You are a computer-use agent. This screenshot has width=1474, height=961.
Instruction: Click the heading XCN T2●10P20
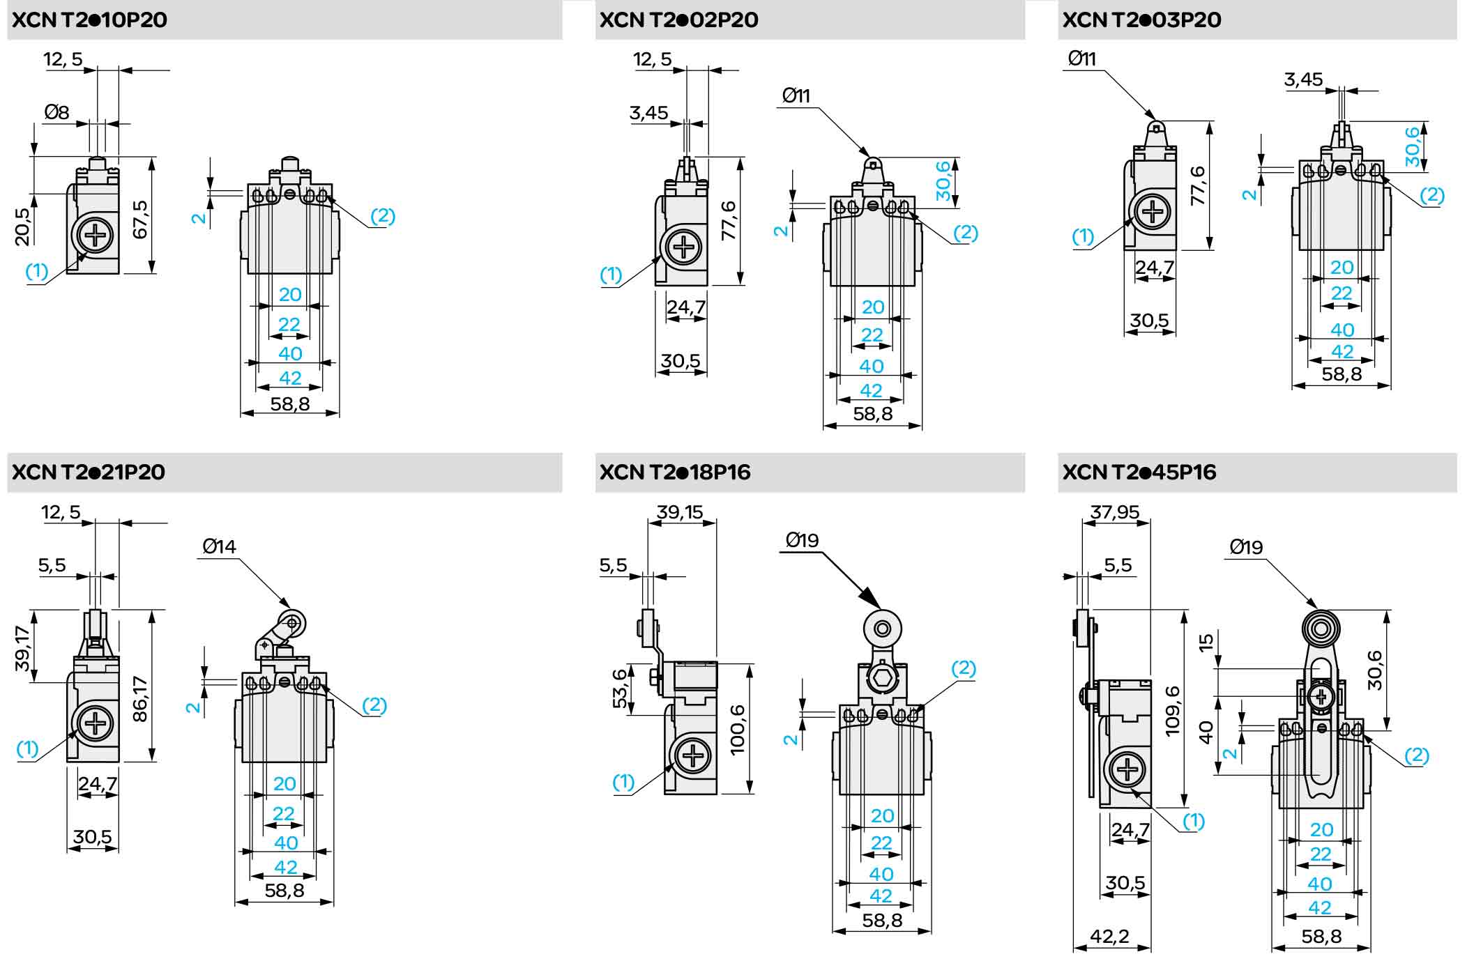point(90,20)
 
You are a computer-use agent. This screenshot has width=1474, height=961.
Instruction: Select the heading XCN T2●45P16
point(1139,472)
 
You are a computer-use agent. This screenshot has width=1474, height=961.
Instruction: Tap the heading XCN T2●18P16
point(674,472)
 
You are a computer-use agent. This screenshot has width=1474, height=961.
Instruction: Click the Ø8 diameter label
point(56,112)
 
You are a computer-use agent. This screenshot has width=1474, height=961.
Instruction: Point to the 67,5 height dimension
point(140,220)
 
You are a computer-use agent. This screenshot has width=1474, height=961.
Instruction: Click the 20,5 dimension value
point(23,226)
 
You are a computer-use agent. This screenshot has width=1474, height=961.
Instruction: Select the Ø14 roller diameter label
point(219,546)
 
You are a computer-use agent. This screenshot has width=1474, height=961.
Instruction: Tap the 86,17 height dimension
point(140,698)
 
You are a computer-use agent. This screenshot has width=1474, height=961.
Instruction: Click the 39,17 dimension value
point(23,648)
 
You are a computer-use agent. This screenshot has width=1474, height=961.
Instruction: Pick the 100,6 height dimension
point(737,730)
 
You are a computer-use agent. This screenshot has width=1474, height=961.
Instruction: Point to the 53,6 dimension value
point(619,689)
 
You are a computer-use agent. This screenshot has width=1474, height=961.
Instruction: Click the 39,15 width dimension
point(680,512)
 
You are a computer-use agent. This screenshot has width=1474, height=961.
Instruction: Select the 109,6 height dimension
point(1173,710)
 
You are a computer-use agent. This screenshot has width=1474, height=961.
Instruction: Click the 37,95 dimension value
point(1115,512)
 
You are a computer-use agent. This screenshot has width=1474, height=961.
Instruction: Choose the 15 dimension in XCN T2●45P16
point(1206,642)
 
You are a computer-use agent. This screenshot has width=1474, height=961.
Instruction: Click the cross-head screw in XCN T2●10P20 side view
point(95,237)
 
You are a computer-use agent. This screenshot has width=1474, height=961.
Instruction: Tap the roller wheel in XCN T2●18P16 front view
point(882,629)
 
